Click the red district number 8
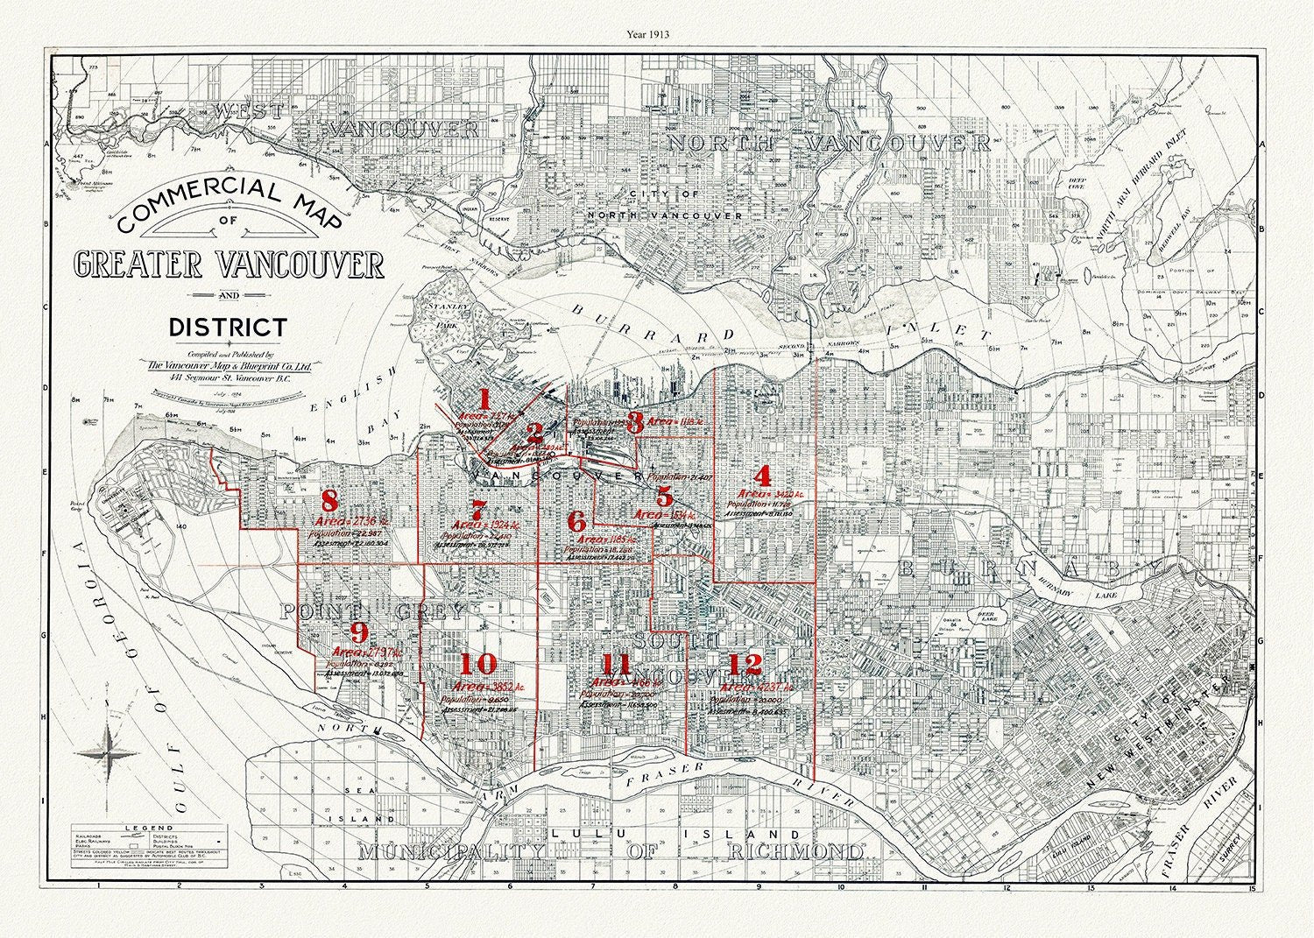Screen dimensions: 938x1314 tap(329, 501)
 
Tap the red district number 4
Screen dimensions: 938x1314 tap(763, 476)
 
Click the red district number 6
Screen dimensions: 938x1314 tap(576, 521)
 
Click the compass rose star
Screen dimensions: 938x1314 tap(107, 753)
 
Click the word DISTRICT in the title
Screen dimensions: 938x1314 tap(228, 328)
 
